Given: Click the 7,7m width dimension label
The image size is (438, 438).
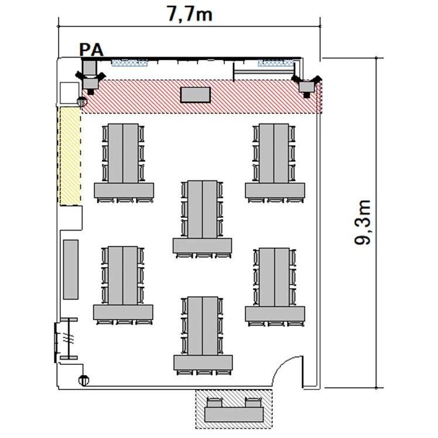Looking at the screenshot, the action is pos(190,14).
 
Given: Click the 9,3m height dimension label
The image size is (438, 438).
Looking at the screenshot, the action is pos(362,223).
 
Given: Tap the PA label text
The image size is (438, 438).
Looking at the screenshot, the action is pos(91,50).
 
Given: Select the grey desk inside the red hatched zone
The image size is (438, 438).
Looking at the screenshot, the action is pos(195,95).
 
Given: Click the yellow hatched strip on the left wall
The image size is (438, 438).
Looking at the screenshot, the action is pos(69,156).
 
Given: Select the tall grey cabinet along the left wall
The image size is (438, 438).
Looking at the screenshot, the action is pos(71,269).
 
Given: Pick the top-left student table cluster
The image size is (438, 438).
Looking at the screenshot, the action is pos(124,163).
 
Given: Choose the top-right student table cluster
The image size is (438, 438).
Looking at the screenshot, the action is pos(275,163).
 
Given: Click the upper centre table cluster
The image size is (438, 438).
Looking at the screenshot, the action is pos(202,219).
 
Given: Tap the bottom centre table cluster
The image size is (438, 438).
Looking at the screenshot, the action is pos(203,336).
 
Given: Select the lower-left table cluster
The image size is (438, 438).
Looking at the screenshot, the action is pos(123,286).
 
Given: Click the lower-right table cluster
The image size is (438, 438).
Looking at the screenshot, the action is pos(275,287).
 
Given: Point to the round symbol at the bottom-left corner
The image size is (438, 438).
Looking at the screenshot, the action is pos(84,380).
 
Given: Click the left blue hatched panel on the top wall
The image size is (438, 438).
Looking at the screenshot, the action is pos(129,62).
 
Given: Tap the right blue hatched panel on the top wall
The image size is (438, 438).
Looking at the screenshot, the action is pos(276,62).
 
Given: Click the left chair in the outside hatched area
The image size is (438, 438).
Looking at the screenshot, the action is pos(215,402).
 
